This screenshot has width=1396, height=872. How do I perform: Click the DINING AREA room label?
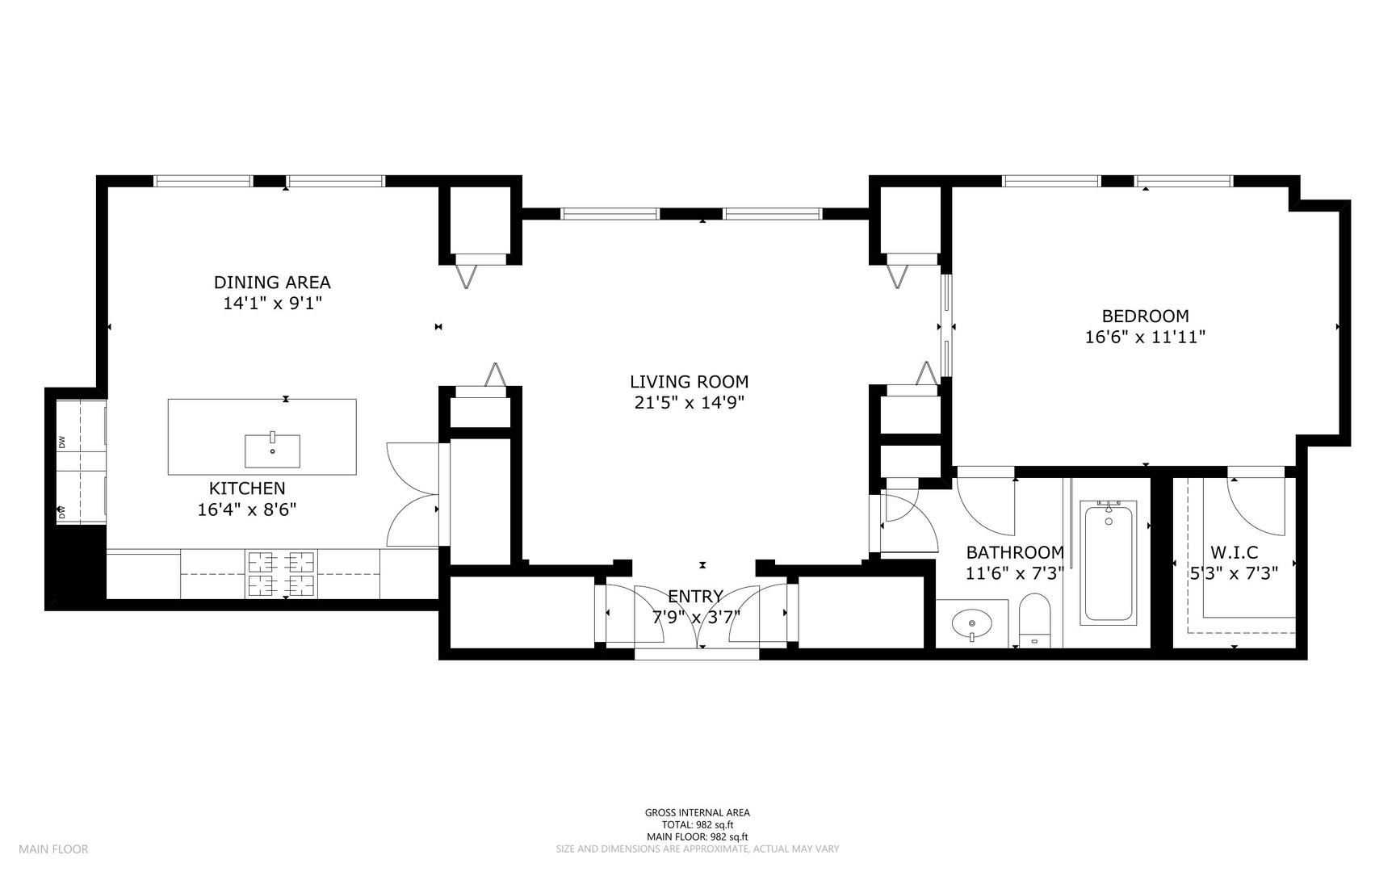272,283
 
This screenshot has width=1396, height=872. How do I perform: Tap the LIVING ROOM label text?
689,382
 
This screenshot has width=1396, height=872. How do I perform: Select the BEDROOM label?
1145,317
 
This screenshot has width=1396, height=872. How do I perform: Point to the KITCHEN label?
247,488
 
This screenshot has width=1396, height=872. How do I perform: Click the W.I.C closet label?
1235,553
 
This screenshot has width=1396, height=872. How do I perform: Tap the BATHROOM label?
1015,553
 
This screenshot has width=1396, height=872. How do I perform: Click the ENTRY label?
695,597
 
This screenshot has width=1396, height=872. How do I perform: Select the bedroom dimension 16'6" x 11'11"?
1145,337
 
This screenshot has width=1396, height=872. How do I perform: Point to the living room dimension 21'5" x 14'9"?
689,403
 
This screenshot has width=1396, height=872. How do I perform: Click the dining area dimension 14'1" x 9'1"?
272,304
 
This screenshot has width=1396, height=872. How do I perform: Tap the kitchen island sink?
273,451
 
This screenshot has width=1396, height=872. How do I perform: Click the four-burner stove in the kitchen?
281,574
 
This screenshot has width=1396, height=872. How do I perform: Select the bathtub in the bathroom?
1109,562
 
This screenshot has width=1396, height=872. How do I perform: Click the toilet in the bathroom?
1034,620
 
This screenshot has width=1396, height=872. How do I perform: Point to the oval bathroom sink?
972,623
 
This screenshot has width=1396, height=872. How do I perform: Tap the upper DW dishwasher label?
61,442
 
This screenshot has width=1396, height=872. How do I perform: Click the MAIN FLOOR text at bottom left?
53,849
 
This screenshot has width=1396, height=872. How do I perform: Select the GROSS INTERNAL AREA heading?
697,813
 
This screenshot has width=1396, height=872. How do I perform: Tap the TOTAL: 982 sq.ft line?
697,825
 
